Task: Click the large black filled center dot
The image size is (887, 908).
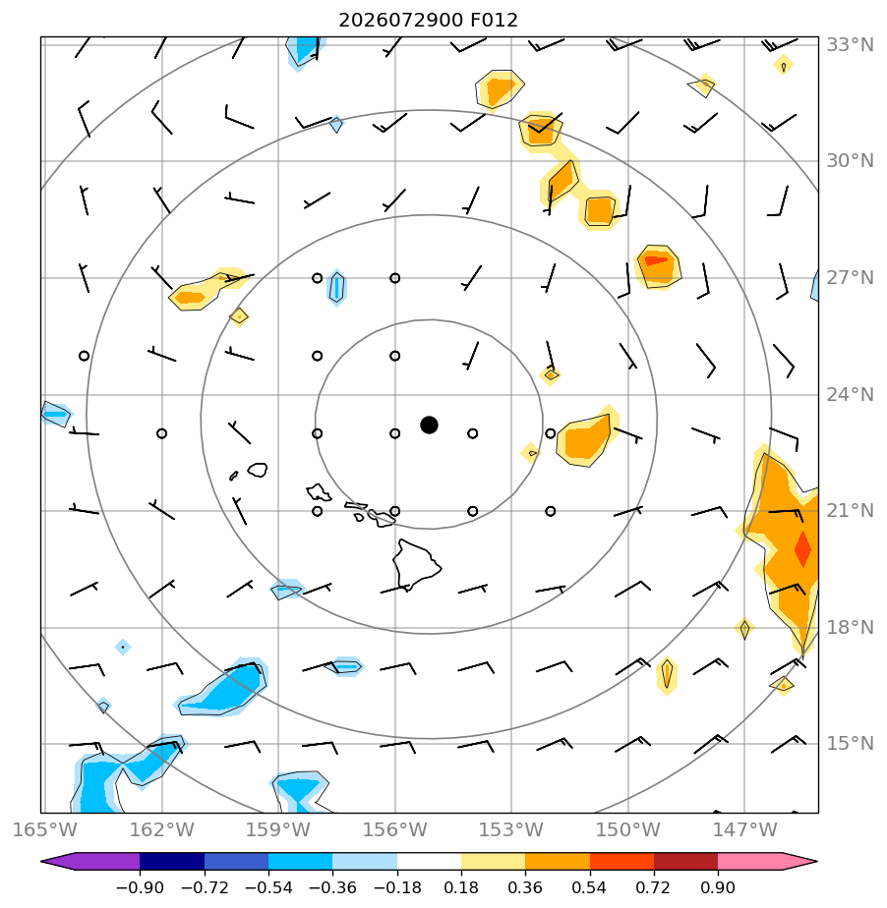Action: point(429,426)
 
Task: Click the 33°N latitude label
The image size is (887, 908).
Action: point(850,44)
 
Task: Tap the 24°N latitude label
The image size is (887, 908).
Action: point(850,394)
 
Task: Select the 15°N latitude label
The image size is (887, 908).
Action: point(850,743)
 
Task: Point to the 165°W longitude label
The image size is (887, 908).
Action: point(44,829)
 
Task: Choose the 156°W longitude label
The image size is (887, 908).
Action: point(394,829)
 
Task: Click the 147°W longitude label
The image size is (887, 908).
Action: point(744,829)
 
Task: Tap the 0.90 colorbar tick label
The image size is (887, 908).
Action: point(717,887)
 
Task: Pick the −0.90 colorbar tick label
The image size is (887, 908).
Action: point(140,887)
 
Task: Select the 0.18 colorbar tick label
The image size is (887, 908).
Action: point(460,887)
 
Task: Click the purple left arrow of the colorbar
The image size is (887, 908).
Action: point(89,861)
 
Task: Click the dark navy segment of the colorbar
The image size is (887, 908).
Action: point(172,861)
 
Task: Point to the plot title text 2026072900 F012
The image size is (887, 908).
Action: point(428,21)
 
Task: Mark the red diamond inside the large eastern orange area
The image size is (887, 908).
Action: point(802,548)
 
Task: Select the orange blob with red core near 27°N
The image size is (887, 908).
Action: point(658,266)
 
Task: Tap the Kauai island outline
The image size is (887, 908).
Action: point(258,470)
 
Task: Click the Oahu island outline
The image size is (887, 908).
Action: point(319,492)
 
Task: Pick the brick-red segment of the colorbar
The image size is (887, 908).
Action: point(685,861)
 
